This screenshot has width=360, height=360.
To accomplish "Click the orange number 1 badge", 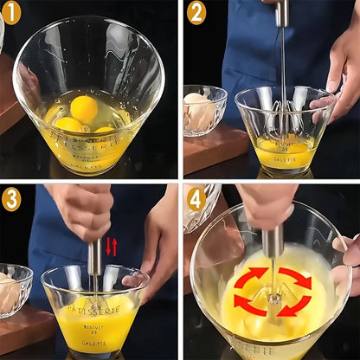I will point(10,12).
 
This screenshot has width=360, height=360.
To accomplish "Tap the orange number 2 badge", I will point(196,12).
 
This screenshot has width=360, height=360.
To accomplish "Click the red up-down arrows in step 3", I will point(111,247).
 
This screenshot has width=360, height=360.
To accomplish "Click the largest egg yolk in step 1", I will point(83,109).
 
